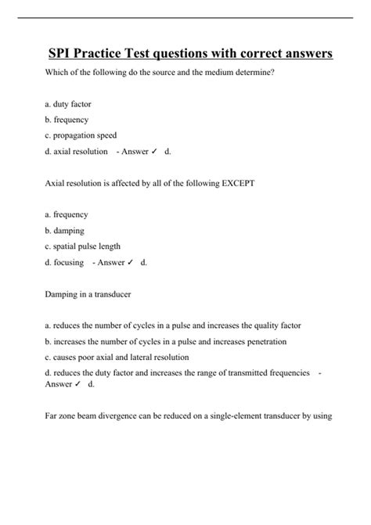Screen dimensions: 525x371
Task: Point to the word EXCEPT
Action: (x=233, y=183)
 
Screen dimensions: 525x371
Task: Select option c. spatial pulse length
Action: (x=82, y=246)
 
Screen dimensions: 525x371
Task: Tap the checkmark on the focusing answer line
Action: (x=131, y=263)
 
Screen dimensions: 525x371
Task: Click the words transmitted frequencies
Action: (x=268, y=372)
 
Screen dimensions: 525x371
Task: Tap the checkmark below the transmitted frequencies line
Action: (x=79, y=384)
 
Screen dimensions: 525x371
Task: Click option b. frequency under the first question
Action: (x=67, y=120)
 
